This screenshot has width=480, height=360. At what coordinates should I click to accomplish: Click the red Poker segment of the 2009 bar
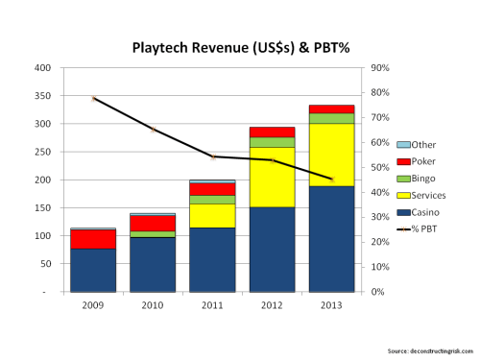[x=93, y=239]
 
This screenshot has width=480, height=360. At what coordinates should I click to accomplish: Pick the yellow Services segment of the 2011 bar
[x=212, y=215]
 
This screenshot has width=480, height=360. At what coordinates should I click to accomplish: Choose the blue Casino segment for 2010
[x=153, y=263]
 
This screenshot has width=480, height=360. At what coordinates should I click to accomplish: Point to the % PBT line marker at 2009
[x=93, y=98]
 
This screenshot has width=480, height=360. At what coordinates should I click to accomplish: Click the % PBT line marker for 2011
[x=212, y=156]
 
